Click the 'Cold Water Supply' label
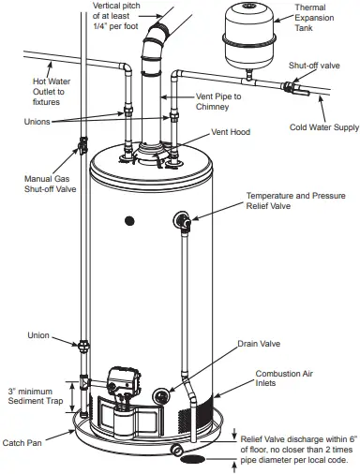pyautogui.click(x=323, y=126)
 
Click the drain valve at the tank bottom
pyautogui.click(x=169, y=396)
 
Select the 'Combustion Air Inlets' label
pyautogui.click(x=285, y=378)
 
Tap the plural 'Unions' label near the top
pyautogui.click(x=38, y=121)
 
